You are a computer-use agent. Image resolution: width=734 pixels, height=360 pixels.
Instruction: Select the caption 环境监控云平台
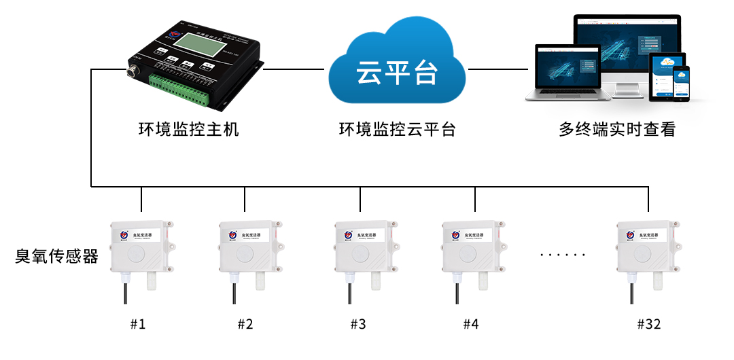pyautogui.click(x=398, y=129)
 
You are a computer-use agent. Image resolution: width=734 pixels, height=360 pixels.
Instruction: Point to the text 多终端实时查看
pyautogui.click(x=617, y=129)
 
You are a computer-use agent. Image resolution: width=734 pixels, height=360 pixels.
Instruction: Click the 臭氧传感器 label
pyautogui.click(x=57, y=256)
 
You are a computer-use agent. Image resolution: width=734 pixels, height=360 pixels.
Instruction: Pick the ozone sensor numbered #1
pyautogui.click(x=141, y=251)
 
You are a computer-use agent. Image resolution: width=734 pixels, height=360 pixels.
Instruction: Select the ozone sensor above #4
pyautogui.click(x=473, y=251)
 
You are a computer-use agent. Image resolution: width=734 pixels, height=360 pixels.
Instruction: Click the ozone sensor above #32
pyautogui.click(x=648, y=251)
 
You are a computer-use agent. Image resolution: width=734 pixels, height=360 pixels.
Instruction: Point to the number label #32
pyautogui.click(x=648, y=324)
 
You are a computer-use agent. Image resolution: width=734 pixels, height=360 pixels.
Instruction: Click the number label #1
pyautogui.click(x=138, y=324)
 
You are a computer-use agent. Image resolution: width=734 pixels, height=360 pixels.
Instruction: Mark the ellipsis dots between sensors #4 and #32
pyautogui.click(x=562, y=255)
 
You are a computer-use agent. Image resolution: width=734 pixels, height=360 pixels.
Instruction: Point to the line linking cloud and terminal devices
pyautogui.click(x=497, y=69)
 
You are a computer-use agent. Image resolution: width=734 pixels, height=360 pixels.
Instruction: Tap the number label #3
pyautogui.click(x=358, y=324)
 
